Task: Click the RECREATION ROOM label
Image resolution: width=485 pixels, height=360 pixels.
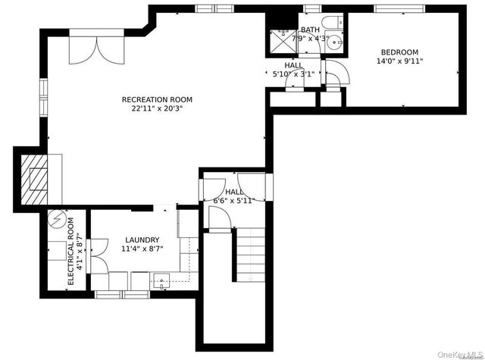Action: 157,99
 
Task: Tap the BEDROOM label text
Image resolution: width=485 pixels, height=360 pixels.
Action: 398,52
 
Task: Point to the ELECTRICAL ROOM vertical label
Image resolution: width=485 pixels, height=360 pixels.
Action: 70,251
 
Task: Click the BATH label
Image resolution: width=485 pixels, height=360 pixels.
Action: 310,30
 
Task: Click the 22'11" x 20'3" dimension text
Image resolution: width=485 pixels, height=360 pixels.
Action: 157,108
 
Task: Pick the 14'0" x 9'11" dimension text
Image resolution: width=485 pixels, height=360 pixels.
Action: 398,61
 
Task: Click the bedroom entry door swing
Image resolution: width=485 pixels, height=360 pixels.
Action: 336,73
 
